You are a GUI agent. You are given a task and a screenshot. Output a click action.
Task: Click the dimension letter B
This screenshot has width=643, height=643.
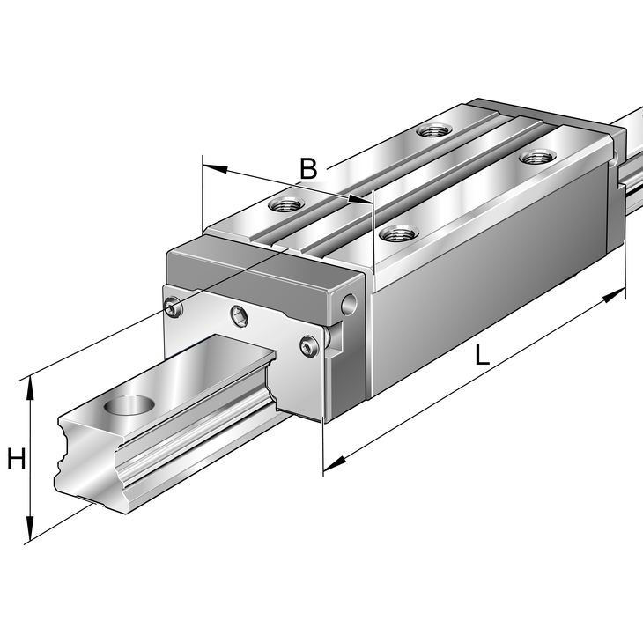(308, 168)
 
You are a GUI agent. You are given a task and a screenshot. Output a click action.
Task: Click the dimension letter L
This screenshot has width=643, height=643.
(483, 354)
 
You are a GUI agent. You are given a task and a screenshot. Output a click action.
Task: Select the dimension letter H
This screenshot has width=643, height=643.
(17, 459)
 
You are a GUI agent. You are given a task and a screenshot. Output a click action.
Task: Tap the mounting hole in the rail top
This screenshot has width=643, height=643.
(129, 405)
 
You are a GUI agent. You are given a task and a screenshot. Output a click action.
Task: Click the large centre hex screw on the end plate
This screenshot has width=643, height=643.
(239, 316)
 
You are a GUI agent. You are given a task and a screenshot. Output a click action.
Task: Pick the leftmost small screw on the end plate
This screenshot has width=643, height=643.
(173, 307)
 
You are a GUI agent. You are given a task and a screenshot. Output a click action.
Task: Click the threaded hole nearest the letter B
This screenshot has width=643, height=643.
(285, 203)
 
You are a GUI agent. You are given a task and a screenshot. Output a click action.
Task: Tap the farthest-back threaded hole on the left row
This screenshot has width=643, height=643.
(434, 131)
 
